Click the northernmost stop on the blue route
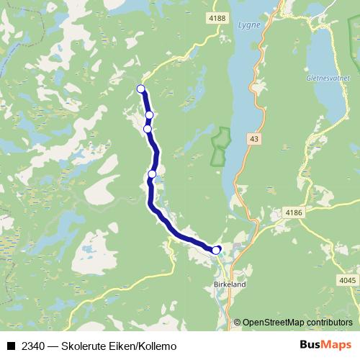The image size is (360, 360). click(141, 89)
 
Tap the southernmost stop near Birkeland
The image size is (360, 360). click(216, 250)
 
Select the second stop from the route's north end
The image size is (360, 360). click(149, 114)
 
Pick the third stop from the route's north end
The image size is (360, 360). click(148, 129)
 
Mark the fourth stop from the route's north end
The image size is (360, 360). click(152, 174)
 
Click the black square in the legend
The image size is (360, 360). click(11, 346)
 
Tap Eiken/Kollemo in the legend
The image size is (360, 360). click(144, 346)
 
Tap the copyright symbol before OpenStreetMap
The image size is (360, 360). click(238, 322)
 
